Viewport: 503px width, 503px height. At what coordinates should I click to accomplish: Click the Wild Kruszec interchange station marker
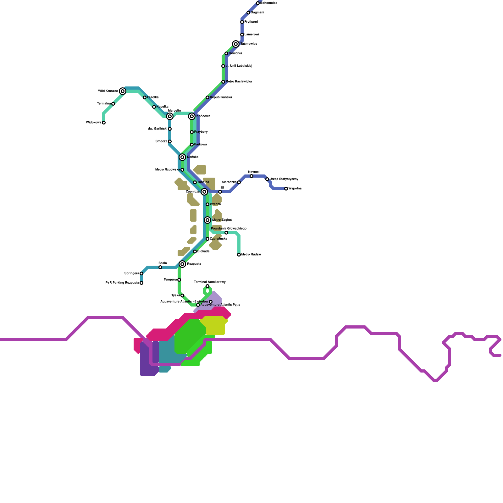pyautogui.click(x=123, y=91)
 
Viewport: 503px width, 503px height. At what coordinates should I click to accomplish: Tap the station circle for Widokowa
pyautogui.click(x=104, y=123)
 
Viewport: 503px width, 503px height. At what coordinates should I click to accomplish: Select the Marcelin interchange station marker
pyautogui.click(x=170, y=116)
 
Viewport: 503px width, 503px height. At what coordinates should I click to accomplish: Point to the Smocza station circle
pyautogui.click(x=170, y=141)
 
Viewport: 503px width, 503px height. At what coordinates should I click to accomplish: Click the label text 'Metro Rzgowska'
pyautogui.click(x=168, y=170)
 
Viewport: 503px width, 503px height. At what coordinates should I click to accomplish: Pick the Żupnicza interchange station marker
pyautogui.click(x=204, y=192)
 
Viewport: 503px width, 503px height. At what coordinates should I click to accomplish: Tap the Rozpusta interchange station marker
pyautogui.click(x=182, y=264)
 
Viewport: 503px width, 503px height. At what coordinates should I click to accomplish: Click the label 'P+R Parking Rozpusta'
pyautogui.click(x=122, y=283)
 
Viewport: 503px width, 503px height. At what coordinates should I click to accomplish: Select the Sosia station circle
pyautogui.click(x=160, y=267)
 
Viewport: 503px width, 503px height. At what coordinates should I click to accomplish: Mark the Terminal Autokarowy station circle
pyautogui.click(x=207, y=286)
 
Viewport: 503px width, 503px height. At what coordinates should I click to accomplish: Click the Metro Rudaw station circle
pyautogui.click(x=239, y=255)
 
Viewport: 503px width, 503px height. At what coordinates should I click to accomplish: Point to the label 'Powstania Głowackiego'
pyautogui.click(x=229, y=229)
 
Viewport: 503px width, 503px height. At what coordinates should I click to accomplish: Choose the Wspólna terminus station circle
pyautogui.click(x=286, y=189)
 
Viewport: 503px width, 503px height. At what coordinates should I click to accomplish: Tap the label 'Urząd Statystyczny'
pyautogui.click(x=284, y=179)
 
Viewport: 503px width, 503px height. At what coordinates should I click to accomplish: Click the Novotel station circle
pyautogui.click(x=251, y=176)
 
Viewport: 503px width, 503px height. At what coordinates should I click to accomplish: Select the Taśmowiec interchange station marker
pyautogui.click(x=236, y=44)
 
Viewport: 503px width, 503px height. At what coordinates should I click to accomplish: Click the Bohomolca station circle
pyautogui.click(x=258, y=3)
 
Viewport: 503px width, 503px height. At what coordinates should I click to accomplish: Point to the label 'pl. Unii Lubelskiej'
pyautogui.click(x=239, y=66)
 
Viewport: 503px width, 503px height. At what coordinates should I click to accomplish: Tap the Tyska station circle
pyautogui.click(x=182, y=296)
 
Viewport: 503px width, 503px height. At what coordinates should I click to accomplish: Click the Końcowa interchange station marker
pyautogui.click(x=192, y=116)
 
